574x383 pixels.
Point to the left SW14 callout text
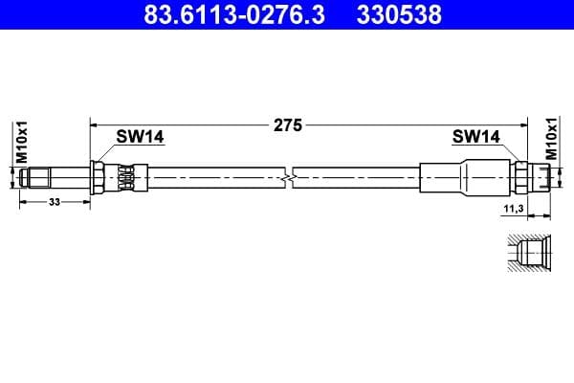pos(141,137)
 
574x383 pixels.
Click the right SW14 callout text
pos(476,137)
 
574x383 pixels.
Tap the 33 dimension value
pos(54,203)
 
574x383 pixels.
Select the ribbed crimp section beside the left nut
pos(125,177)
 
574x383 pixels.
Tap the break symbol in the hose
pos(289,177)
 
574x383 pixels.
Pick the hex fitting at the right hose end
pos(521,177)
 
